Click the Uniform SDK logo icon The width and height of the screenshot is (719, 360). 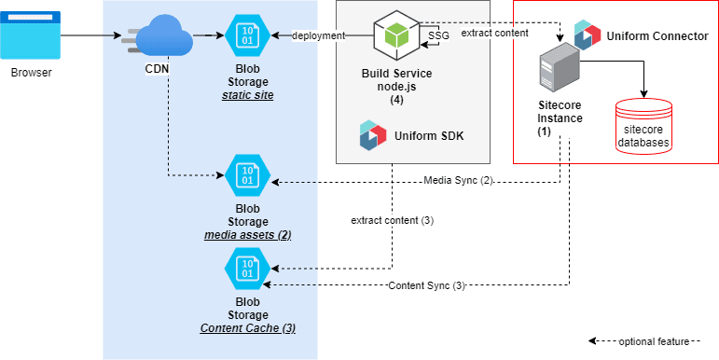coord(373,136)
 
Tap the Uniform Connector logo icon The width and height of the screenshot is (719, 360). coord(588,35)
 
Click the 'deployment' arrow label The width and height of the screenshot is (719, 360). coord(318,36)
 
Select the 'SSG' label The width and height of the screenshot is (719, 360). coord(438,36)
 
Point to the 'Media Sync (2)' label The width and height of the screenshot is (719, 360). coord(457,179)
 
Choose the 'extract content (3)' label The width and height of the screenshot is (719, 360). coord(392,221)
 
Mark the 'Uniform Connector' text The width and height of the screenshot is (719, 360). coord(657,35)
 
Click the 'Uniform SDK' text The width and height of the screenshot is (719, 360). coord(429,137)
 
